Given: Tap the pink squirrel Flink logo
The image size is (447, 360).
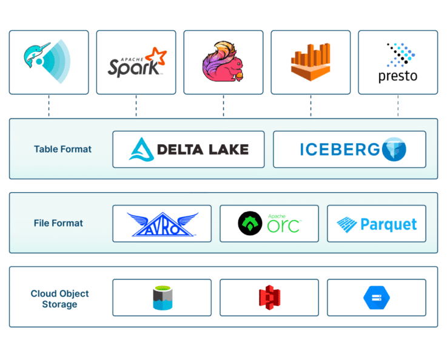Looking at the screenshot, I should tap(223, 62).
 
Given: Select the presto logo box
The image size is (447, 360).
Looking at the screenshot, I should tap(397, 62).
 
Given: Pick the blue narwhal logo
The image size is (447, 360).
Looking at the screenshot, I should tap(49, 62).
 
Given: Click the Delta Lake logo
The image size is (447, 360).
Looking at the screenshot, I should tap(189, 149).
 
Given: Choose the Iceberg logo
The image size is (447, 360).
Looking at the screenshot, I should tap(349, 149).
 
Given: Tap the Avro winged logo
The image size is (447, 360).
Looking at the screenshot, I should tap(162, 224).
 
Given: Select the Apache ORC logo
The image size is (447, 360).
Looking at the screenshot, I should tap(269, 224).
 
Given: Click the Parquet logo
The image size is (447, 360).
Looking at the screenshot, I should tap(377, 224).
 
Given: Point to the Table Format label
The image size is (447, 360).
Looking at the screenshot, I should tap(62, 149).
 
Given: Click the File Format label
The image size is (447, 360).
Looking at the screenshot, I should tap(58, 223).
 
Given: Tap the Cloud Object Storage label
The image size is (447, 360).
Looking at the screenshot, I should tap(59, 299).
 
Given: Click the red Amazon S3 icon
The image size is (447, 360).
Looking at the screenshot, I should tap(269, 298).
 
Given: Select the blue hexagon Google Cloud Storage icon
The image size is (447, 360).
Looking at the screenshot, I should tap(377, 298).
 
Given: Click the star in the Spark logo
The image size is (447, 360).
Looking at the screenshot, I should tap(158, 56).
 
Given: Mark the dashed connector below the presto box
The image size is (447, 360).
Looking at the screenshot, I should tap(398, 106).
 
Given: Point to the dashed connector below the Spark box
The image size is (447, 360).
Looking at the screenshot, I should tap(136, 106).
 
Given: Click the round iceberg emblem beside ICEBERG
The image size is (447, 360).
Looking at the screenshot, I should tap(394, 149).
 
